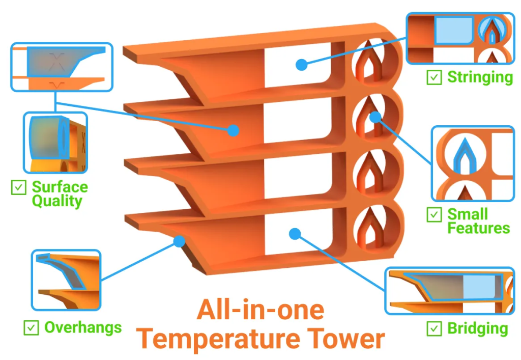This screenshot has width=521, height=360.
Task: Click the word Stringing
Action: click(x=480, y=77)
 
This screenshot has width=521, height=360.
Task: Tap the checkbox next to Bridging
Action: click(x=434, y=328)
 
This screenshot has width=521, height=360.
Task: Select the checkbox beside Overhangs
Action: click(x=31, y=327)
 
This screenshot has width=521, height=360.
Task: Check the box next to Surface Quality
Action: click(x=19, y=187)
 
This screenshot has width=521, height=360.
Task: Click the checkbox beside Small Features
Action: click(x=434, y=214)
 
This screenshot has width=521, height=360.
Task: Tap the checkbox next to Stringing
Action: click(x=434, y=77)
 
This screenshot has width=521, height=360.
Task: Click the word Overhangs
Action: click(x=83, y=327)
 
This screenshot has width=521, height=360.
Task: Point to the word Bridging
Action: click(x=477, y=328)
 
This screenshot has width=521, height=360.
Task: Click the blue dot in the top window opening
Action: click(x=302, y=65)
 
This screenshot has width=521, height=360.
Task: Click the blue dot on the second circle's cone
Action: click(x=375, y=117)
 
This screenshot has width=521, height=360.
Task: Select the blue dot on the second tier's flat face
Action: click(x=233, y=130)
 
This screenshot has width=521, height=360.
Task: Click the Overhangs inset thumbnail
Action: click(x=66, y=280)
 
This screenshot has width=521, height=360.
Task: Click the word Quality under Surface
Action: click(x=57, y=201)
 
